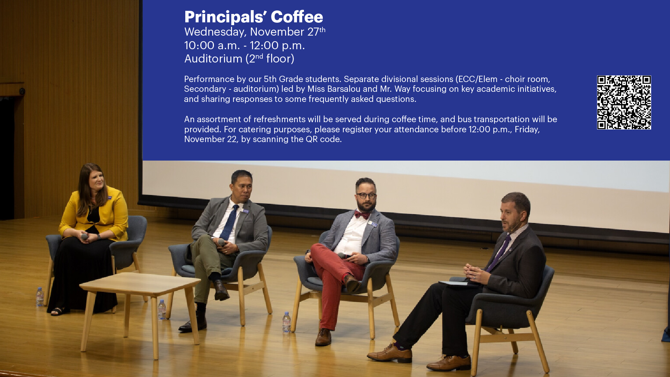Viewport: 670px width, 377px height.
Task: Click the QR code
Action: [x=624, y=102]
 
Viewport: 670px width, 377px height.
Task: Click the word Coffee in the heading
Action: [x=297, y=17]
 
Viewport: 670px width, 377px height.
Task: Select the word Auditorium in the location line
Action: [x=213, y=59]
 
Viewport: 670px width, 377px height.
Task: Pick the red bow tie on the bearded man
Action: [x=362, y=215]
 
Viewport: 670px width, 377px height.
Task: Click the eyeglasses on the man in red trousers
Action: [x=366, y=195]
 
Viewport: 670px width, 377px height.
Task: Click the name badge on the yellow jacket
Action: [x=110, y=198]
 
